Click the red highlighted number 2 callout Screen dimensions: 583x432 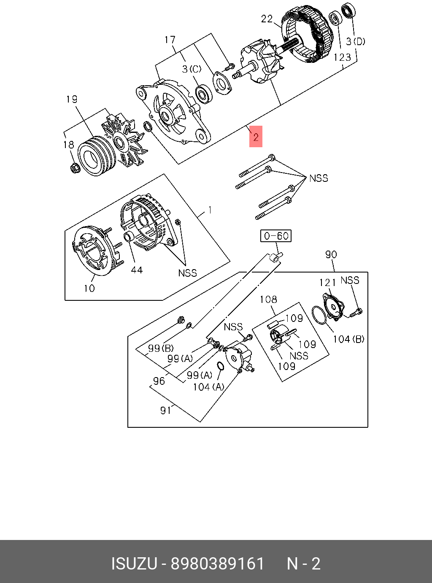coord(256,137)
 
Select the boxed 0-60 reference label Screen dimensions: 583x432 coord(276,236)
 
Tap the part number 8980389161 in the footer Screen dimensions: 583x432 coord(217,564)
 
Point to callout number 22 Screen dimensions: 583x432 coord(267,19)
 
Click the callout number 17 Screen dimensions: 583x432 coord(170,40)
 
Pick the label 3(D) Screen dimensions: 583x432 coord(355,41)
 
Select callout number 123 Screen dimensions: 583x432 coord(342,57)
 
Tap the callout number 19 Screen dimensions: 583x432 coord(72,99)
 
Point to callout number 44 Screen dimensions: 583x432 coord(136,270)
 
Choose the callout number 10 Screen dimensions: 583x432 coord(89,289)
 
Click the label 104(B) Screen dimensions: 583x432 coord(348,339)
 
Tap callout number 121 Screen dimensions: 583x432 coord(327,283)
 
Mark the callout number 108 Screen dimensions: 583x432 coord(268,300)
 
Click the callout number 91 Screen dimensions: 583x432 coord(165,410)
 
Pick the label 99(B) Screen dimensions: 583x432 coord(161,348)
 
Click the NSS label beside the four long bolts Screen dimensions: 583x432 coord(319,178)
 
